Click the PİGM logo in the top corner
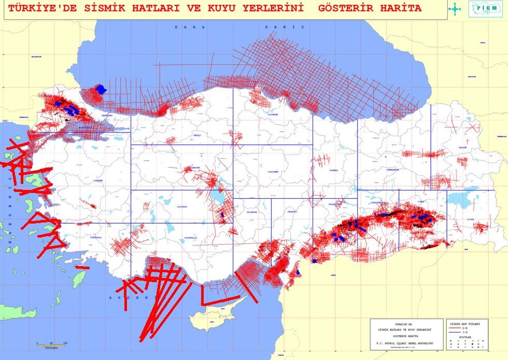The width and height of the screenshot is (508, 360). [x=485, y=9]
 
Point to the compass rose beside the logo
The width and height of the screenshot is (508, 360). [x=455, y=8]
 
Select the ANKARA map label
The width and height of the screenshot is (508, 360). [x=195, y=168]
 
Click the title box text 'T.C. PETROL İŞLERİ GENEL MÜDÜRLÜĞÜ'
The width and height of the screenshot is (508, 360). [x=406, y=344]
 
